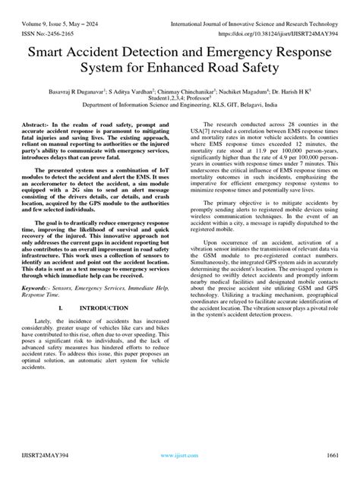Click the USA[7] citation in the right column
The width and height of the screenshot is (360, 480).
(x=202, y=152)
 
